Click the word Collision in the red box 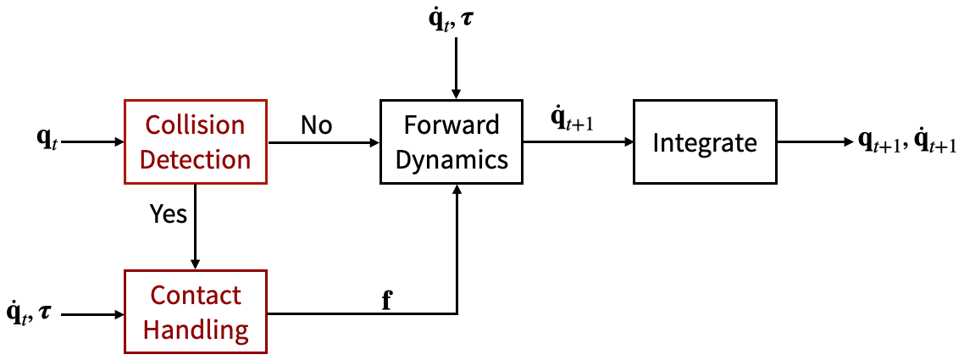196,125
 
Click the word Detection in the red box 196,159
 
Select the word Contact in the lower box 196,296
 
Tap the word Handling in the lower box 196,330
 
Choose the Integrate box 705,142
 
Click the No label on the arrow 316,125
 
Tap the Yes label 168,215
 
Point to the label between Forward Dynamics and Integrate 573,121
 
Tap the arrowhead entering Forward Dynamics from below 457,191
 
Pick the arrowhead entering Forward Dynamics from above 457,93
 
